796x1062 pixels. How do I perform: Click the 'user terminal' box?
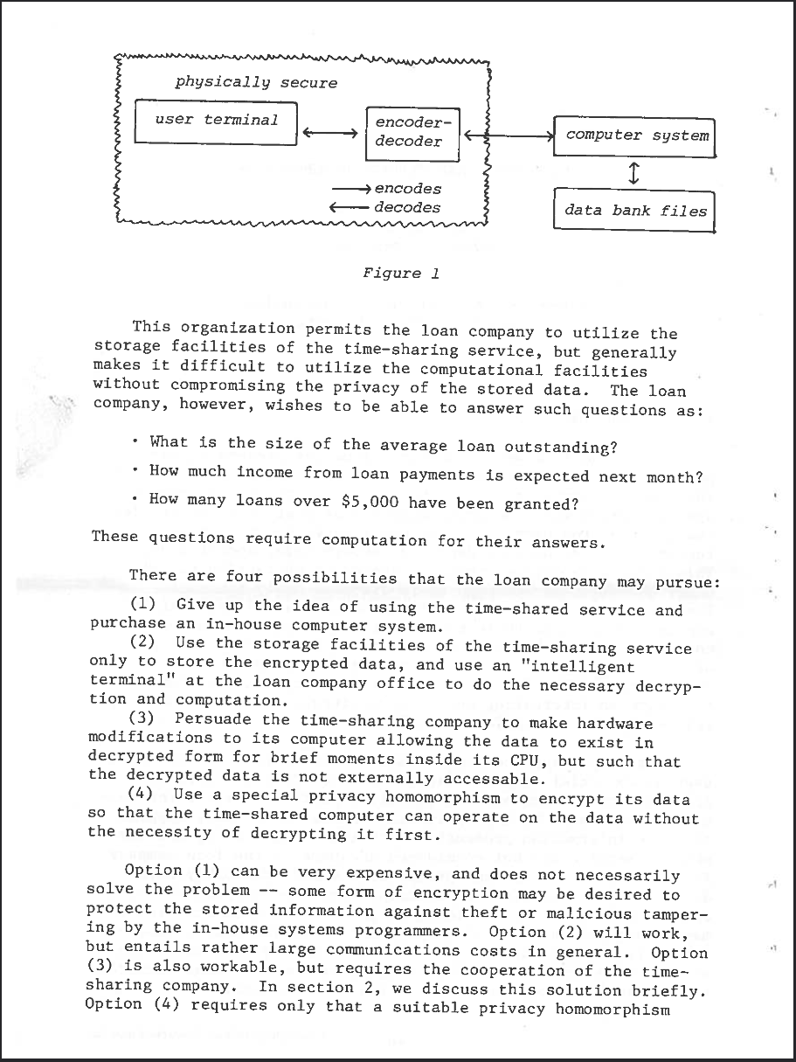coord(216,121)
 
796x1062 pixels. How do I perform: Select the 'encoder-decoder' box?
coord(412,134)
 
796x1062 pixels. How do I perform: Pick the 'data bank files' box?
coord(635,211)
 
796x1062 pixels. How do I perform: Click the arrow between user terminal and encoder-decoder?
coord(329,134)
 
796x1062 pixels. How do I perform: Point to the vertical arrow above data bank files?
coord(635,173)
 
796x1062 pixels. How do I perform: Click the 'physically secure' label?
coord(256,83)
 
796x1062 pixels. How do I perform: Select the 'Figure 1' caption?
coord(400,274)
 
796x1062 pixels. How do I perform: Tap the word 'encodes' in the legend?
coord(408,189)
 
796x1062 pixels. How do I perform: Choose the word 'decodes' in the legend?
coord(407,208)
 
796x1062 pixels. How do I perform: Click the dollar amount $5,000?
coord(371,504)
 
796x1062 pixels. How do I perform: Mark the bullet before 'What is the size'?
coord(136,442)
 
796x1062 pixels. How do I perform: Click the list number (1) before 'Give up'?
coord(143,604)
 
